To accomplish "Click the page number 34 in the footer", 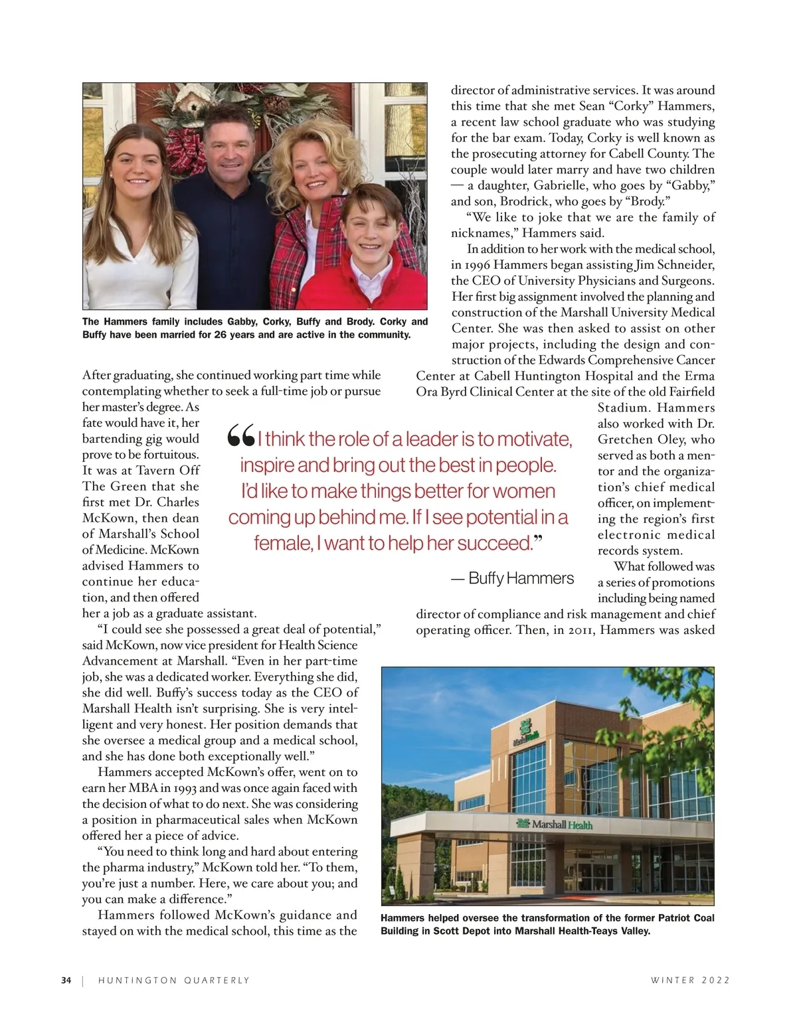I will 66,980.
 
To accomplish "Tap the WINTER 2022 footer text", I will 690,980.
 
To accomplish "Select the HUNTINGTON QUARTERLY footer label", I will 174,980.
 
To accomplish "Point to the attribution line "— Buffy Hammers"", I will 512,578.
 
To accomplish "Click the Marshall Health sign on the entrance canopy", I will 554,824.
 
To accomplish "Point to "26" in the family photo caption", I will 222,335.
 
